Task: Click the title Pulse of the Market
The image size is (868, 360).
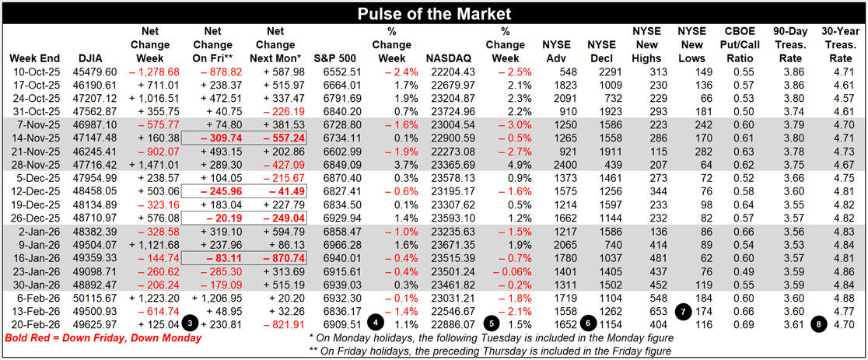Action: (433, 14)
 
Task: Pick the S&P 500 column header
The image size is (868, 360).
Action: (334, 58)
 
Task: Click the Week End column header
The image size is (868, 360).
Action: (33, 58)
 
